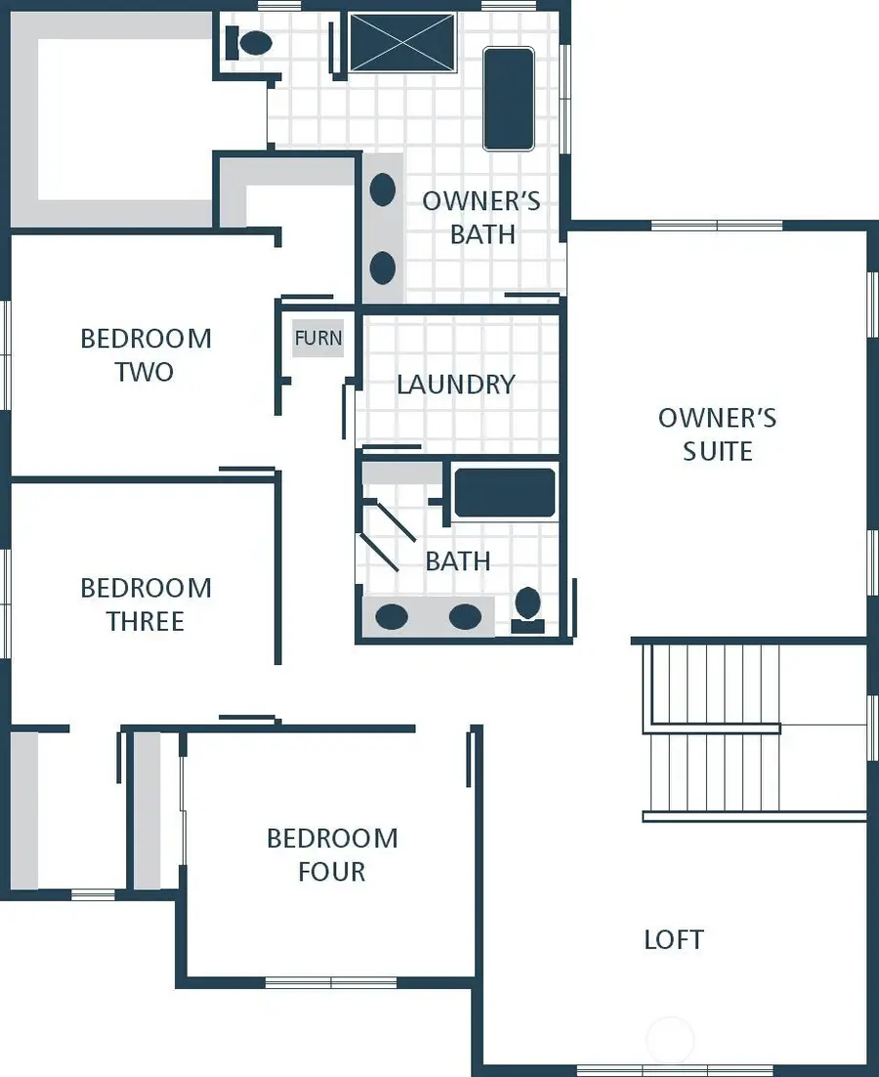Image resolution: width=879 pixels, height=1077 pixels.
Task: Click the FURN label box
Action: coord(318,339)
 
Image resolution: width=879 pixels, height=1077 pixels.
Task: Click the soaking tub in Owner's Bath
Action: coord(509,99)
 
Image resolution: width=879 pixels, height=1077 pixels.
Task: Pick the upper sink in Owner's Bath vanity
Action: coord(383,189)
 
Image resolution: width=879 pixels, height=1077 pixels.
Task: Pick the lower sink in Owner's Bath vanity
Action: coord(383,267)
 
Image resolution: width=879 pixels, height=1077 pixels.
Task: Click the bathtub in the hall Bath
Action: coord(505,492)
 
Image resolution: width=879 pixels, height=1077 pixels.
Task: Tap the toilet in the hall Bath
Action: coord(528,607)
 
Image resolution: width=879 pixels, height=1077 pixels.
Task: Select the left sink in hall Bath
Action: coord(392,617)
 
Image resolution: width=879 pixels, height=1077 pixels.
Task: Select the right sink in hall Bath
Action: coord(465,617)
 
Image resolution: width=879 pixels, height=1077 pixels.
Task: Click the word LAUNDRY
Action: coord(455,384)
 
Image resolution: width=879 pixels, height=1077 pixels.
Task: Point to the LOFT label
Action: coord(674,939)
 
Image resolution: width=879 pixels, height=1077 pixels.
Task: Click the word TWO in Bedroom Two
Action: coord(145,372)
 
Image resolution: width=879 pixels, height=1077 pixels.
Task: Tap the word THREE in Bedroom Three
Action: coord(146,621)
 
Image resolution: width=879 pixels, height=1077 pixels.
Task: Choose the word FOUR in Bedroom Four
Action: coord(332,871)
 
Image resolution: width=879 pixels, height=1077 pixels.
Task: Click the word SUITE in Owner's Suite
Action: coord(718,451)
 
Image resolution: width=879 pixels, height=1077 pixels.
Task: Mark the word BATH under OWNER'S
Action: coord(482,234)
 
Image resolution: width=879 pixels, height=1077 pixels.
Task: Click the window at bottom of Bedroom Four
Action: coord(331,982)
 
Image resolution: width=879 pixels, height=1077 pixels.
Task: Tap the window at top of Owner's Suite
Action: coord(717,226)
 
